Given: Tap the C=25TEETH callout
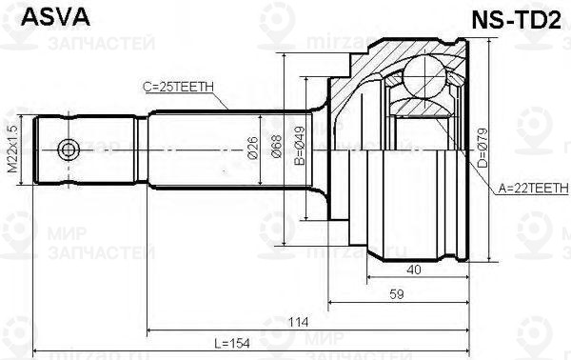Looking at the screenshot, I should pos(181,87).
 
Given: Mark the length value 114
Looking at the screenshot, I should pos(301,321).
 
